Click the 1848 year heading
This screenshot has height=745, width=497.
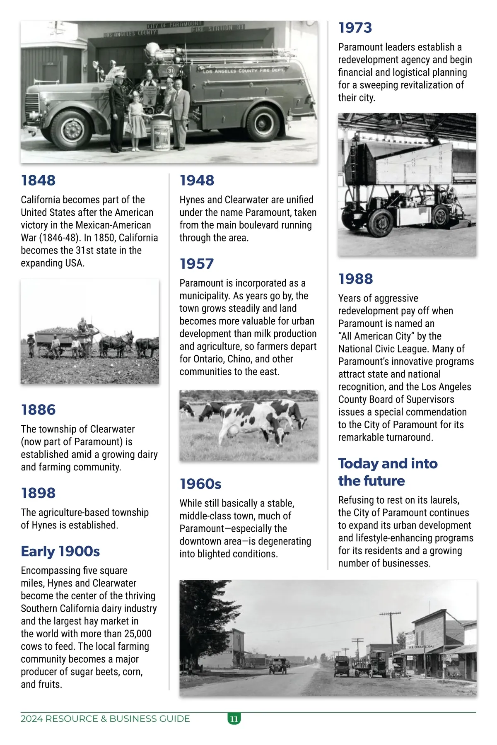(38, 181)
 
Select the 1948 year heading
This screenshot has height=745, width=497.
(197, 181)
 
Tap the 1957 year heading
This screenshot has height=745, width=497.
(197, 264)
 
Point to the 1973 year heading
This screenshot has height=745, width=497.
(355, 28)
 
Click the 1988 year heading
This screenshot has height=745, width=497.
(355, 279)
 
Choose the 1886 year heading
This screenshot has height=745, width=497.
(38, 410)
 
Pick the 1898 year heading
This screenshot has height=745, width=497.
(38, 493)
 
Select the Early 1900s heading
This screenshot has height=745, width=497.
(60, 552)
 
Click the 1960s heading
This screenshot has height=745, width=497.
(200, 484)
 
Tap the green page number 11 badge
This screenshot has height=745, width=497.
(234, 719)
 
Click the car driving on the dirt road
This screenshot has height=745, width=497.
(277, 665)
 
